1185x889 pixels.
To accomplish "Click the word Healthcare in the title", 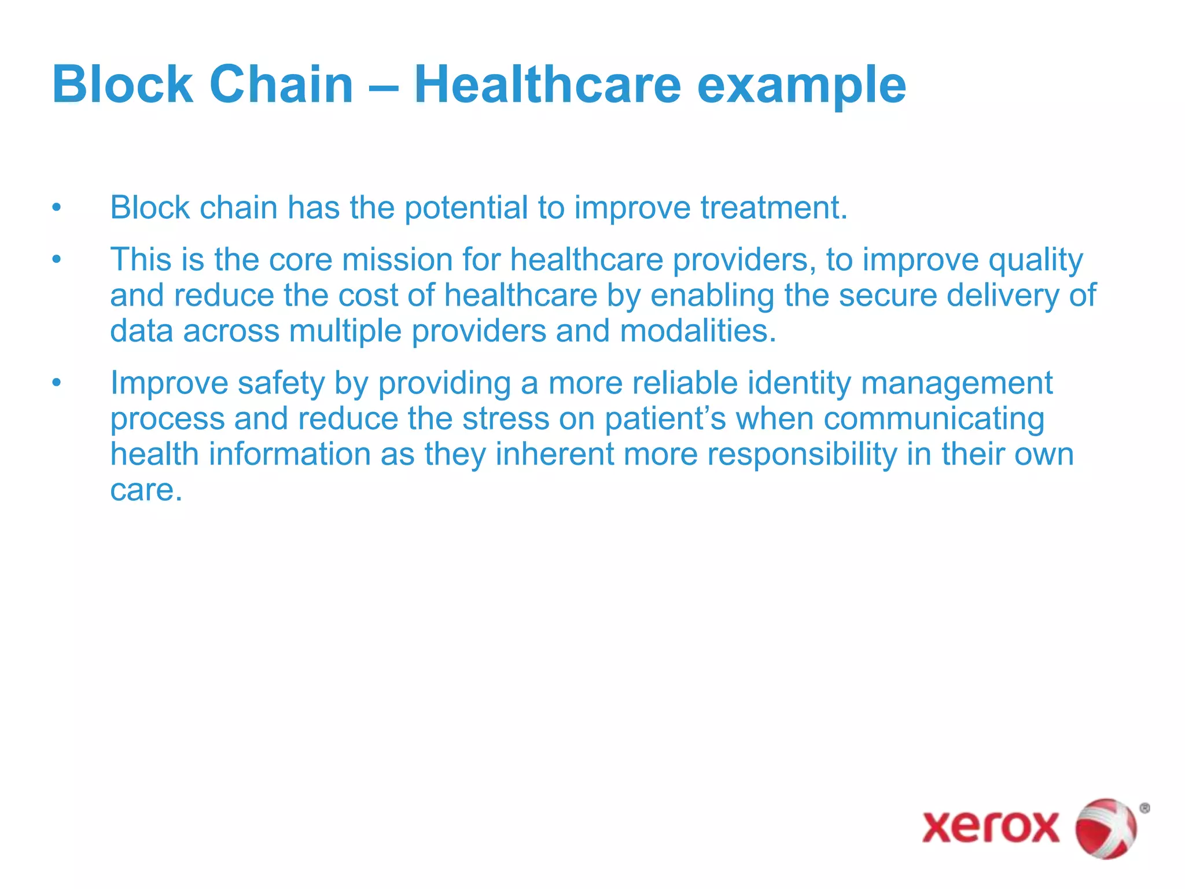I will click(x=547, y=85).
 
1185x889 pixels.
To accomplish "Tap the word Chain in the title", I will click(x=281, y=85).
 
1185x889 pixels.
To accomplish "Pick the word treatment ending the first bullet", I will click(x=774, y=208).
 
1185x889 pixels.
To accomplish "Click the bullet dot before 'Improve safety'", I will click(x=56, y=383).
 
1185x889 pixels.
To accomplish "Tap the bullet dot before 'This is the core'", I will click(x=56, y=259).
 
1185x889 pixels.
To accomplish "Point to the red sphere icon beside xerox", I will click(x=1106, y=828).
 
